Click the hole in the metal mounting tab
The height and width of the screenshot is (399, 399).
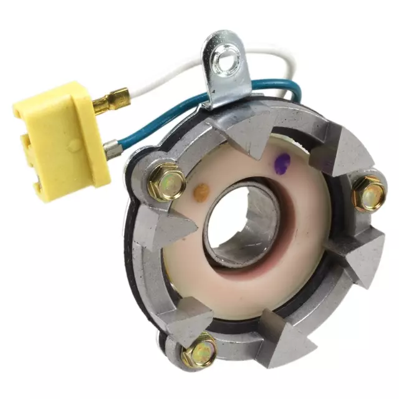pos(232,59)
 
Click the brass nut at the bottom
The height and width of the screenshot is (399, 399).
pos(199,350)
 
